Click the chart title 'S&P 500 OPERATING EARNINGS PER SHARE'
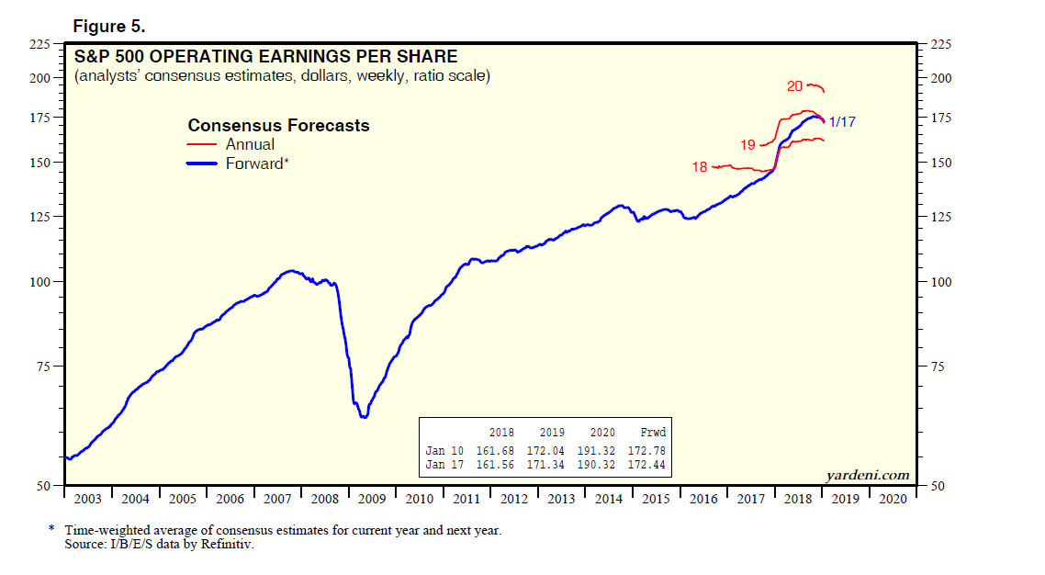(265, 57)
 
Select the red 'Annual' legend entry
(250, 144)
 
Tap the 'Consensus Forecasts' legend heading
(278, 125)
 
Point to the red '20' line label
(794, 86)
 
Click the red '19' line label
(747, 145)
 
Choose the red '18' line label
(700, 167)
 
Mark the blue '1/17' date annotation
(843, 122)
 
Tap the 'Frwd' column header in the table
(653, 433)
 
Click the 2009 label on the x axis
(372, 499)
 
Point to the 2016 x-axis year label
(702, 499)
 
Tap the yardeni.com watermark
(868, 475)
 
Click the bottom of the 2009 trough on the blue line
(365, 417)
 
